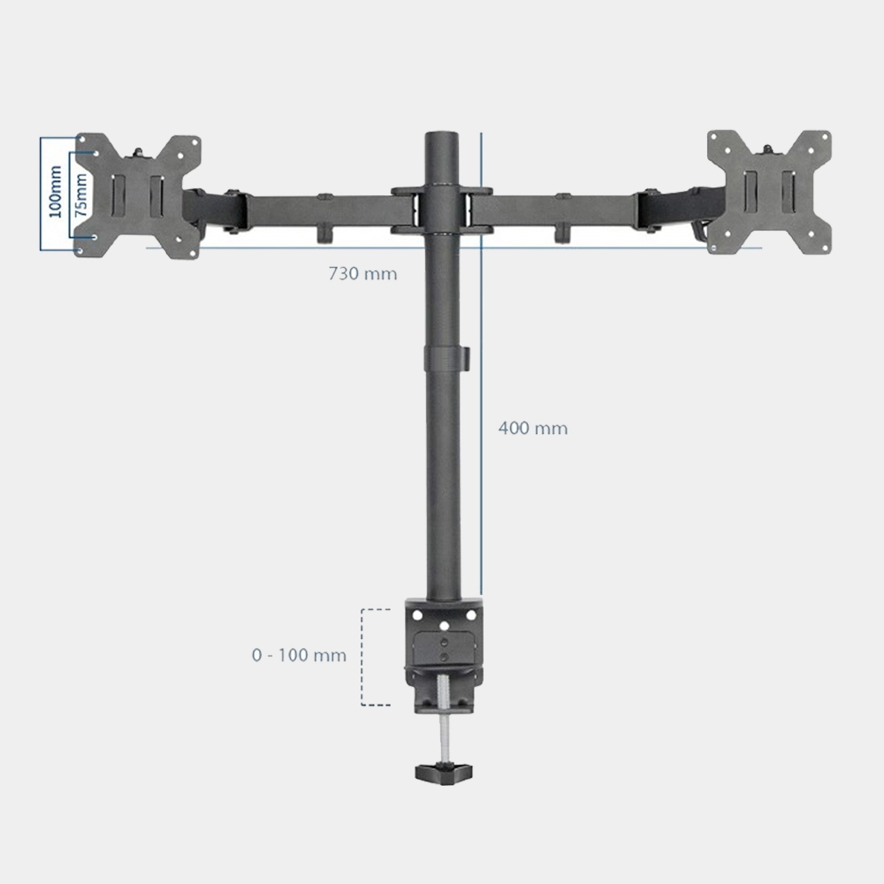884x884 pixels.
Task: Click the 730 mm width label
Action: pyautogui.click(x=362, y=274)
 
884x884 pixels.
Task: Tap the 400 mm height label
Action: pyautogui.click(x=532, y=429)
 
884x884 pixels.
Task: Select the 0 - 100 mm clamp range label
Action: pyautogui.click(x=299, y=656)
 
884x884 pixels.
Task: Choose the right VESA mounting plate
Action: pyautogui.click(x=769, y=192)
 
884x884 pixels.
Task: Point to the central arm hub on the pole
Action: pyautogui.click(x=442, y=210)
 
